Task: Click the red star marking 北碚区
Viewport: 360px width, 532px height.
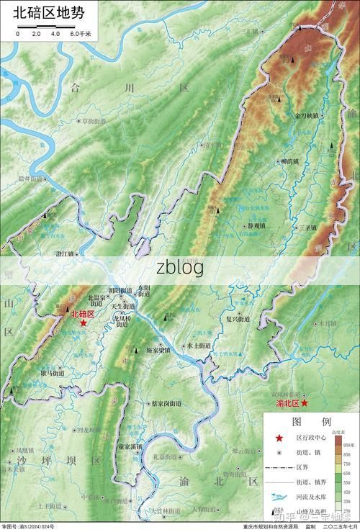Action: (x=84, y=323)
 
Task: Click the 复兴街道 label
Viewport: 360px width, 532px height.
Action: (x=238, y=318)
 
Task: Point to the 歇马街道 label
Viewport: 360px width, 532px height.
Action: (x=53, y=373)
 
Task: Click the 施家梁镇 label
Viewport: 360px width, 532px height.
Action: (x=158, y=351)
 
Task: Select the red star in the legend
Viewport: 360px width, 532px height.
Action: (x=279, y=438)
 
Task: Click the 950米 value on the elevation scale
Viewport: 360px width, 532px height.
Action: (x=348, y=446)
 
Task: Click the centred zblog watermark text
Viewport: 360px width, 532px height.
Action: (x=180, y=267)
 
